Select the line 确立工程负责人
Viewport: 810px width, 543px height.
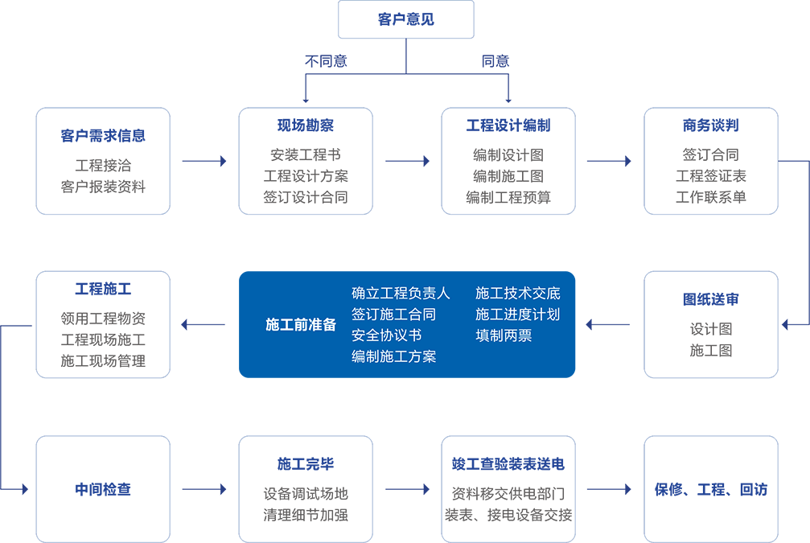point(401,293)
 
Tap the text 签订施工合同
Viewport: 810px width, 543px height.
point(393,314)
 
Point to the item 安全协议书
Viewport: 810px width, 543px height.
point(386,335)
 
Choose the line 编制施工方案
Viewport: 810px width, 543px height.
point(393,356)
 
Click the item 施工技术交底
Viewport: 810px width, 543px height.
point(517,293)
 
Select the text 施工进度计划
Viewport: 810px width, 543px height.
point(517,314)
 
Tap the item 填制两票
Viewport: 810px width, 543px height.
point(504,335)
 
